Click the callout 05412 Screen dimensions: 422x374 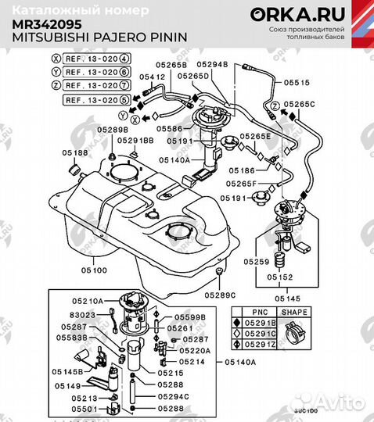coord(152,77)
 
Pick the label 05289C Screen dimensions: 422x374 coord(220,295)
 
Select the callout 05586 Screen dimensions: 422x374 coord(179,128)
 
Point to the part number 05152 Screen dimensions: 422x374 coord(280,277)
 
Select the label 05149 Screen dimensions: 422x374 coord(69,385)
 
